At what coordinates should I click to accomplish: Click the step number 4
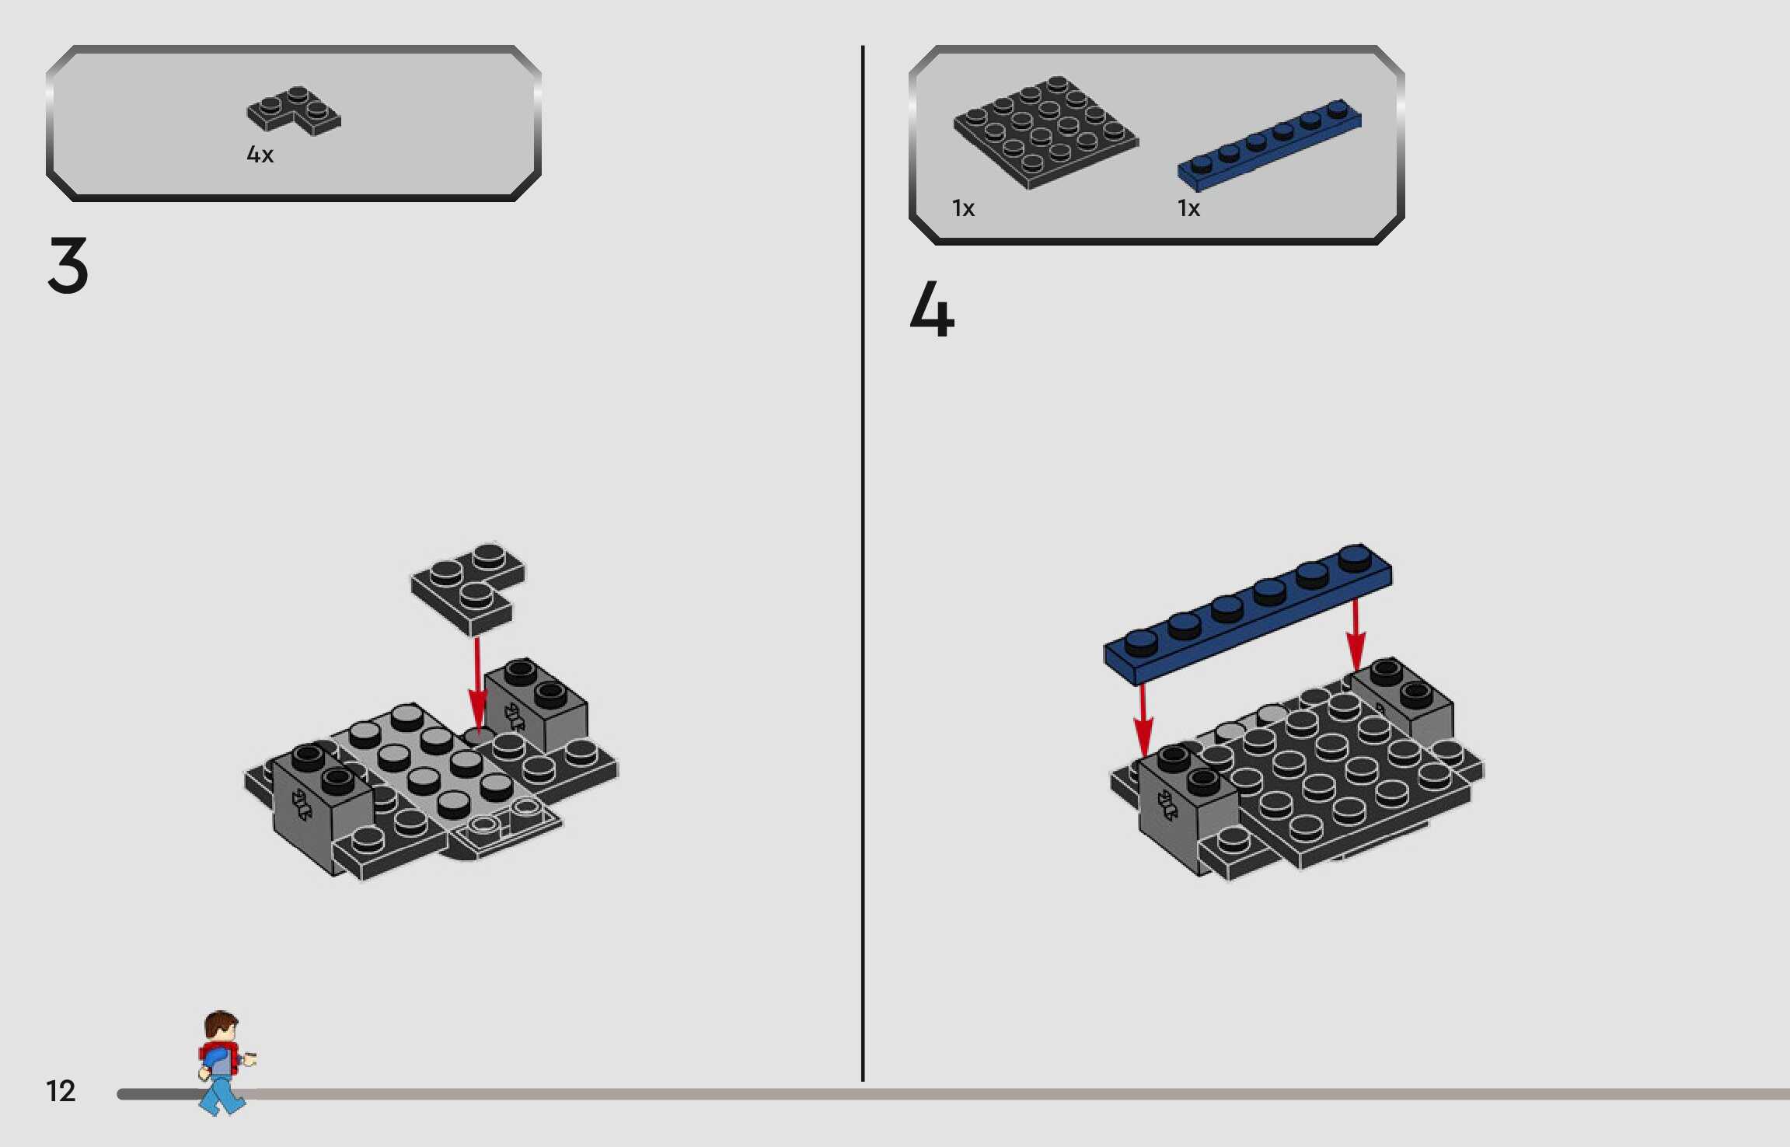(931, 309)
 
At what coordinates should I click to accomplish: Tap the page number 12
(61, 1090)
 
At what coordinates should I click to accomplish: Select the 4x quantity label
(260, 155)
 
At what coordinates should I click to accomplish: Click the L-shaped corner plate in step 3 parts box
(293, 110)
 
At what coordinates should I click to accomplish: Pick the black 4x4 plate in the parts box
(1045, 132)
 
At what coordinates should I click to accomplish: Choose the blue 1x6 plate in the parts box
(1269, 145)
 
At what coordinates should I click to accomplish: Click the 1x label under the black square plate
(963, 208)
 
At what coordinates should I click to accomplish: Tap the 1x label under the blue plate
(1188, 208)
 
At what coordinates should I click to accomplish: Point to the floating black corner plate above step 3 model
(468, 587)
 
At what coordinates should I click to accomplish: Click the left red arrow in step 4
(1143, 720)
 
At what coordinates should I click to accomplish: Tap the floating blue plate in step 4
(1248, 614)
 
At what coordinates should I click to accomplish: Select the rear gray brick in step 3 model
(536, 703)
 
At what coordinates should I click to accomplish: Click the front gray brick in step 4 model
(1188, 808)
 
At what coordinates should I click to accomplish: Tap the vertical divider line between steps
(863, 563)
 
